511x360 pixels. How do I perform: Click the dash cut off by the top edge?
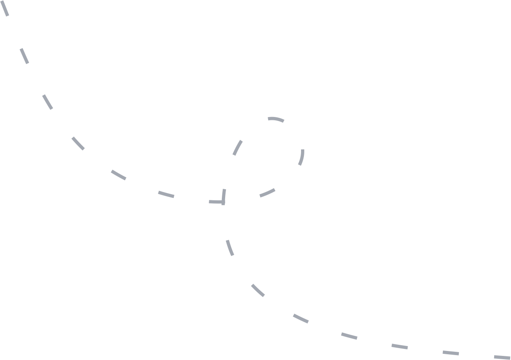pyautogui.click(x=5, y=8)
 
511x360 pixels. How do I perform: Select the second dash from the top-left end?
pyautogui.click(x=25, y=56)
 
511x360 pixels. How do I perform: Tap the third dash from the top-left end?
pyautogui.click(x=48, y=102)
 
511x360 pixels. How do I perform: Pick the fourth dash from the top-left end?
pyautogui.click(x=78, y=143)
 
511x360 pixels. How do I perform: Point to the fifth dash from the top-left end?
pyautogui.click(x=119, y=175)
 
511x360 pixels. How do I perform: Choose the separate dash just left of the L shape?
pyautogui.click(x=167, y=194)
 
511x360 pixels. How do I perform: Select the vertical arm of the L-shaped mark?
pyautogui.click(x=224, y=196)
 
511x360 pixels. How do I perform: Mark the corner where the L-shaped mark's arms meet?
pyautogui.click(x=223, y=202)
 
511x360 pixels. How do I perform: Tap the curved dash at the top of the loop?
pyautogui.click(x=276, y=119)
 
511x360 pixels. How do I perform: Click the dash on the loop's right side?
pyautogui.click(x=301, y=157)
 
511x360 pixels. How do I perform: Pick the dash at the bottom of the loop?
pyautogui.click(x=267, y=193)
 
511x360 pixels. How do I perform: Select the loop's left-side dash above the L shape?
pyautogui.click(x=237, y=148)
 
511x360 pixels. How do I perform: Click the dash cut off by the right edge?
pyautogui.click(x=502, y=357)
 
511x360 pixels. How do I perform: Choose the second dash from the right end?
pyautogui.click(x=451, y=353)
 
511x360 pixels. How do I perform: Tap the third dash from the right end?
pyautogui.click(x=399, y=346)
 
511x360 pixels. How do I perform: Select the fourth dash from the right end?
pyautogui.click(x=349, y=336)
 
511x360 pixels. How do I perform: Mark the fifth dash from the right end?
pyautogui.click(x=301, y=319)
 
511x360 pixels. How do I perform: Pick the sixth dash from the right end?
pyautogui.click(x=258, y=290)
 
